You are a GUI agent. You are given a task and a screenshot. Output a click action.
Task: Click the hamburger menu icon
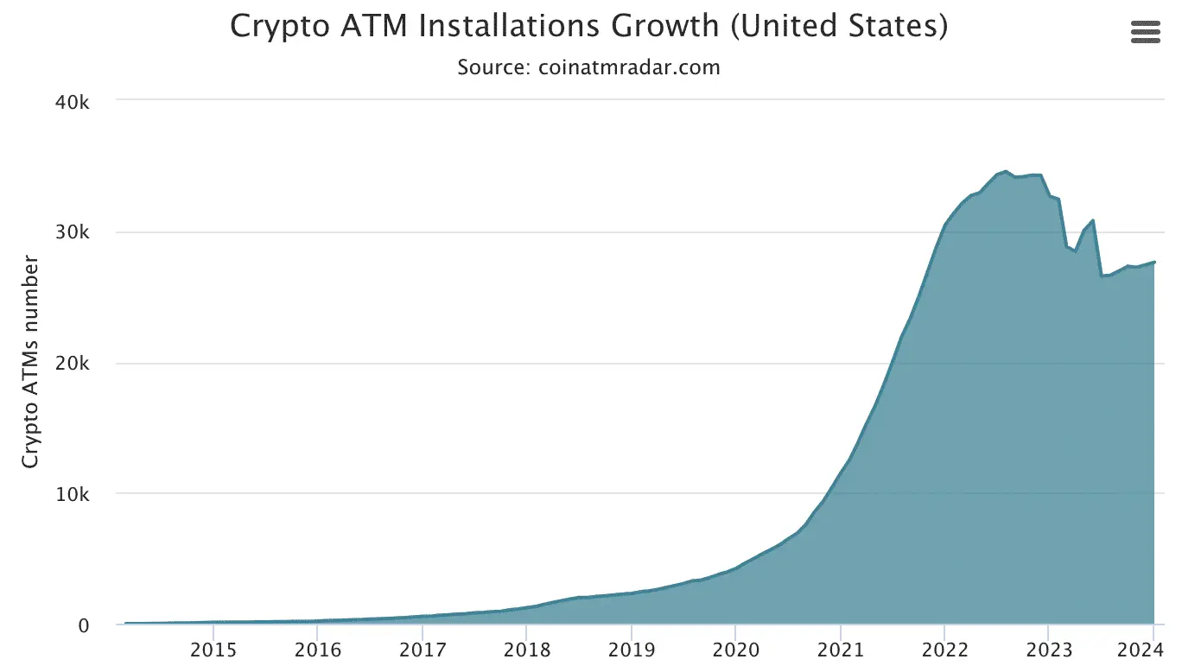(1146, 33)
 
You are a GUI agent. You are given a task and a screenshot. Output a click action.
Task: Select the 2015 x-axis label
(213, 650)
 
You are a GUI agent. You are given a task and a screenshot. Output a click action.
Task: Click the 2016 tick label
(317, 650)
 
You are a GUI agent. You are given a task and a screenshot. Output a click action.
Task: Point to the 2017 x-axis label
(422, 650)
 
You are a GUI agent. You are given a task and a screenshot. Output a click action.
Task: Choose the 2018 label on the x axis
(526, 650)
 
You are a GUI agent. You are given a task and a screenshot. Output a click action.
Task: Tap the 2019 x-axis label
(631, 650)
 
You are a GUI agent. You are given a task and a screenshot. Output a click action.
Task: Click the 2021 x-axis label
(840, 650)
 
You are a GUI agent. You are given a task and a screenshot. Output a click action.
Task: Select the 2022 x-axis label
(944, 650)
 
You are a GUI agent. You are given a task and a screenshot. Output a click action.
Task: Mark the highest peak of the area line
(1006, 172)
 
